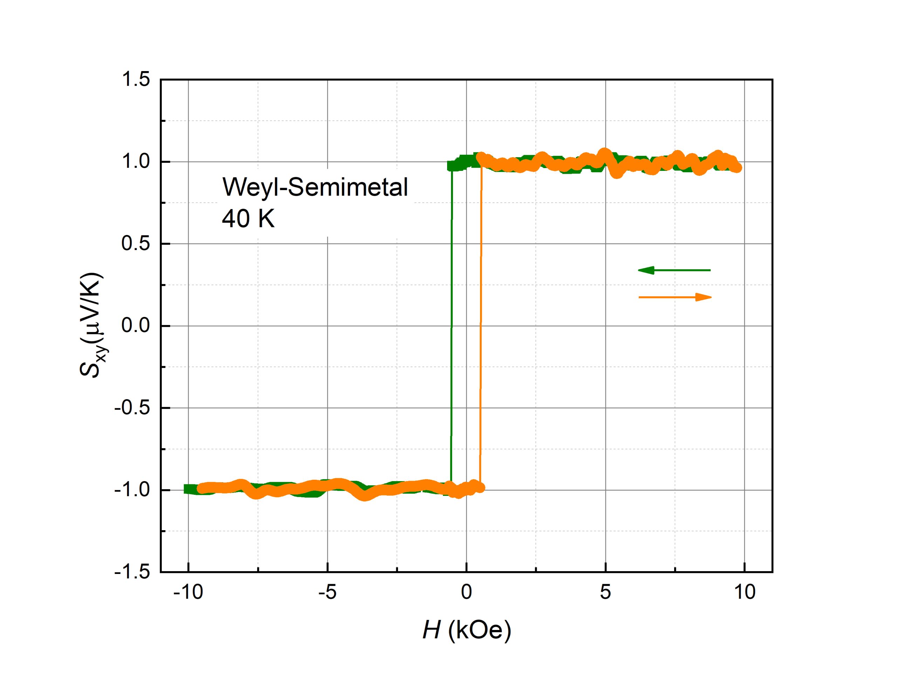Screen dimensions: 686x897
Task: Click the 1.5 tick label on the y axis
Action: pos(136,79)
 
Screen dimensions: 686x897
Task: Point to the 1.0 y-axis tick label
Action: pos(136,162)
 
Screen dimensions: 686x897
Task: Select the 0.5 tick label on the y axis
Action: pos(136,244)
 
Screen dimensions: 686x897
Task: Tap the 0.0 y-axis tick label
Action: pos(136,326)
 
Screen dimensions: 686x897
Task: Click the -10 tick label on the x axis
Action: pos(188,592)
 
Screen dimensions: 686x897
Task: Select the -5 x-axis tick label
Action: pos(327,592)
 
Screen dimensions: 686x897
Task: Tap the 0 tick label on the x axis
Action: pos(466,592)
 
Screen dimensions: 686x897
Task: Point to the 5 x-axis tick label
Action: pos(605,592)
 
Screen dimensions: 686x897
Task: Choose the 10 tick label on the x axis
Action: pos(745,592)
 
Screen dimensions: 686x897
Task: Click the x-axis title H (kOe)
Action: pos(466,630)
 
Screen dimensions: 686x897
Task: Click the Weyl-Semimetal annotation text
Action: pos(315,187)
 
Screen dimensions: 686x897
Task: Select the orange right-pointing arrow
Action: pos(675,297)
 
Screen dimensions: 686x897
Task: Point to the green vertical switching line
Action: pos(451,327)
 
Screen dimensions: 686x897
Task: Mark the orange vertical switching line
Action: pos(481,327)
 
